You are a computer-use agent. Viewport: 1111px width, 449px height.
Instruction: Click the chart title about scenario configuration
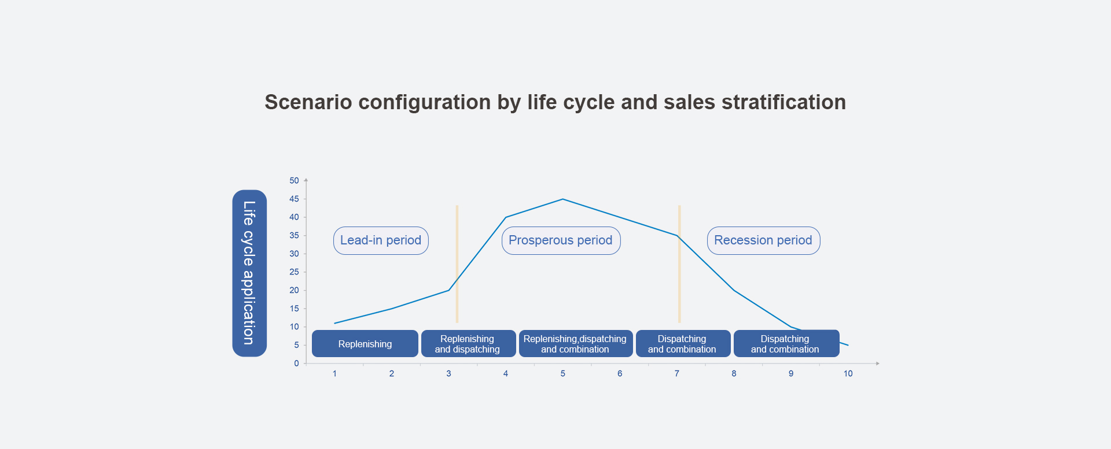point(555,102)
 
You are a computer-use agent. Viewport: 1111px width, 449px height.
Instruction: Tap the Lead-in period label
point(381,240)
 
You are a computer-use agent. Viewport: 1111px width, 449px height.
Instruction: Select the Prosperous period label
point(561,240)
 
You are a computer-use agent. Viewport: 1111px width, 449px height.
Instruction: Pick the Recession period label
point(763,240)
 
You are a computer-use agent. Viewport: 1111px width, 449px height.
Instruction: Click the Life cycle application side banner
point(249,273)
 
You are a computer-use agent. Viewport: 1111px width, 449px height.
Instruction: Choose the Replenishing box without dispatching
point(365,344)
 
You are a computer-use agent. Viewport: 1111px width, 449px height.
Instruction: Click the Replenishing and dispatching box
point(468,344)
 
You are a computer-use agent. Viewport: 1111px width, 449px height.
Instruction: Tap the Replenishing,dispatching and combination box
point(576,344)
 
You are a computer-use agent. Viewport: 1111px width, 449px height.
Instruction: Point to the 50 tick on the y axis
point(295,181)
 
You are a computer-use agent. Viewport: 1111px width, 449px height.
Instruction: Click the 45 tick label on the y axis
point(295,199)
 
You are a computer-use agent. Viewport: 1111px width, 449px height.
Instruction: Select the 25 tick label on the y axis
point(295,272)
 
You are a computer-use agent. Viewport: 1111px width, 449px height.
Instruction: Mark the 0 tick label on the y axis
point(296,363)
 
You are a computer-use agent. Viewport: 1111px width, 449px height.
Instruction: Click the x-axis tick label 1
point(334,374)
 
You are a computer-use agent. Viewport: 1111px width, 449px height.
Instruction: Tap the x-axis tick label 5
point(562,374)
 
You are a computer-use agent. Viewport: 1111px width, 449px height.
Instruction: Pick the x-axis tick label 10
point(848,374)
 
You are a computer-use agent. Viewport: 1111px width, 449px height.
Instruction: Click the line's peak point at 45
point(562,199)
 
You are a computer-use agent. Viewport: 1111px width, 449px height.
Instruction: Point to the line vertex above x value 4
point(506,217)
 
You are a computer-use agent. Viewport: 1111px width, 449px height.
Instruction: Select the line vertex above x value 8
point(734,290)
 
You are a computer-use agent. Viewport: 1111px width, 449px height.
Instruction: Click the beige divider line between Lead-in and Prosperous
point(457,264)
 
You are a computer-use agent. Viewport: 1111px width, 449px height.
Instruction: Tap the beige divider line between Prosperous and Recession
point(679,264)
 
